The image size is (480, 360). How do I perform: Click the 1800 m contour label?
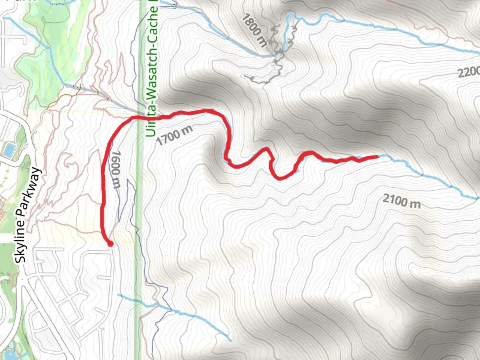(x=255, y=30)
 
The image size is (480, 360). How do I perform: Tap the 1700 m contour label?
(x=174, y=135)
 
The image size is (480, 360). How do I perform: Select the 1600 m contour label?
(x=115, y=169)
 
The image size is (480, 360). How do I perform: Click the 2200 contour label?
(x=468, y=72)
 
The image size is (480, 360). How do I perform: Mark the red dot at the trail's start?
(x=110, y=244)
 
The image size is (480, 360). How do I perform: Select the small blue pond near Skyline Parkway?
(x=8, y=150)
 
